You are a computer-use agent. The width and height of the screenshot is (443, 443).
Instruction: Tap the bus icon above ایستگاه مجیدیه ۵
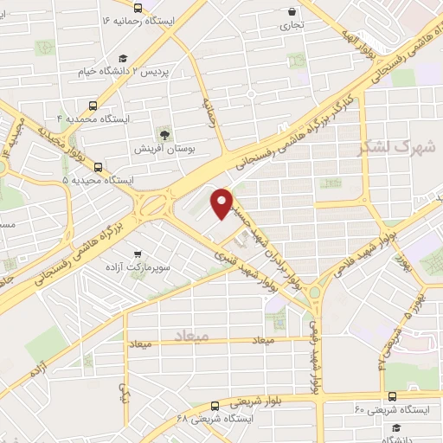click(x=97, y=166)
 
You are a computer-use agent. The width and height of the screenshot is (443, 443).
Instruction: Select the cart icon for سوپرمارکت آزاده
click(x=137, y=255)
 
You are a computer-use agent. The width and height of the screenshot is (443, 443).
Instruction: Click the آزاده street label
click(x=38, y=371)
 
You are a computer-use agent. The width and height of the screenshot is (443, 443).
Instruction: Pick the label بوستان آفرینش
click(x=162, y=149)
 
